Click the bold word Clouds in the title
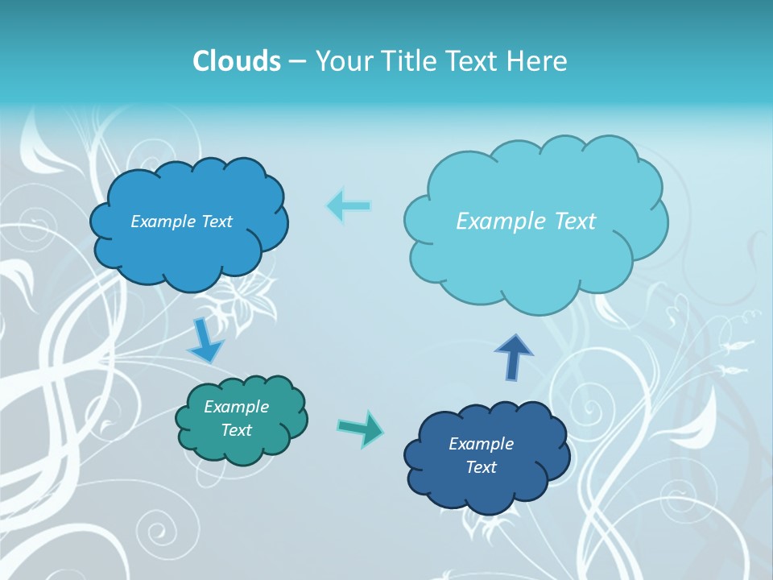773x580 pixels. point(237,60)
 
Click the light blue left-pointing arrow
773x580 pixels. point(349,205)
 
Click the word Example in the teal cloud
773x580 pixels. point(236,407)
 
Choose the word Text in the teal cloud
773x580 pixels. point(236,430)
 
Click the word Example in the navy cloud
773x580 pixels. point(481,444)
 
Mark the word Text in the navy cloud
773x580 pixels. point(481,467)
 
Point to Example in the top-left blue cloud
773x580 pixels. point(161,222)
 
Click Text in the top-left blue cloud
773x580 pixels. point(216,222)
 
